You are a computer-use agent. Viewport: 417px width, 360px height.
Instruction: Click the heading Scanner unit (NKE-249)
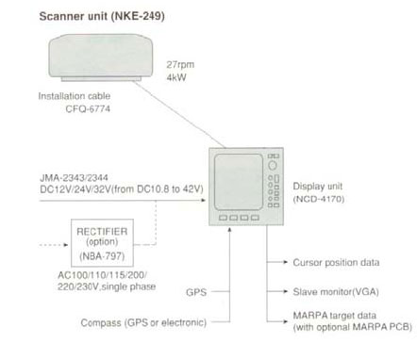(102, 16)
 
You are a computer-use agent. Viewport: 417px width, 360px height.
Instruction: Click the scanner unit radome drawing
(101, 57)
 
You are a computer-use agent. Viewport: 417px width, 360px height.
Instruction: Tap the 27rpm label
(180, 65)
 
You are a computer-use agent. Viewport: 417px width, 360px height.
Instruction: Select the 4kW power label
(176, 77)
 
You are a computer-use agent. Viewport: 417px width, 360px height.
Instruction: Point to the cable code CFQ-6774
(88, 109)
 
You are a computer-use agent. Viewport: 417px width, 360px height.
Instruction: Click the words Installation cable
(75, 96)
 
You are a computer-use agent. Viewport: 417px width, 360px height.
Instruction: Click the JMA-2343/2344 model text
(74, 178)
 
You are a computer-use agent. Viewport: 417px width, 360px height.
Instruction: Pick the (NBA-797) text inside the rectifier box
(102, 256)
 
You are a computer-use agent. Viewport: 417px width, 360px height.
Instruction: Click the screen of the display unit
(239, 182)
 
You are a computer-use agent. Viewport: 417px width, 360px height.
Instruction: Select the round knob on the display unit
(273, 165)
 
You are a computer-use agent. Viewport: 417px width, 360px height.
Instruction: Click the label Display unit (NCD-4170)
(318, 192)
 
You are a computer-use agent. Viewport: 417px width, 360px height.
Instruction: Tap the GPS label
(196, 292)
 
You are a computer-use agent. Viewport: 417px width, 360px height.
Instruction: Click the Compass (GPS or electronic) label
(143, 322)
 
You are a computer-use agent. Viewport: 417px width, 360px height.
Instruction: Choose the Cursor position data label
(336, 263)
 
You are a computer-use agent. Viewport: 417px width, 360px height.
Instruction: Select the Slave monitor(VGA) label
(336, 292)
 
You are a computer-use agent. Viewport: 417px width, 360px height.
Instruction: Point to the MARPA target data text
(335, 315)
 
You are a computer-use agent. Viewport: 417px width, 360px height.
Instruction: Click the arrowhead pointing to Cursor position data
(286, 262)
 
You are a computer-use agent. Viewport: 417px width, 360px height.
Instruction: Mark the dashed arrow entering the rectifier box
(54, 245)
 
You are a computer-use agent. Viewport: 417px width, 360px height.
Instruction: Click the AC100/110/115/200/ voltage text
(102, 275)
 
